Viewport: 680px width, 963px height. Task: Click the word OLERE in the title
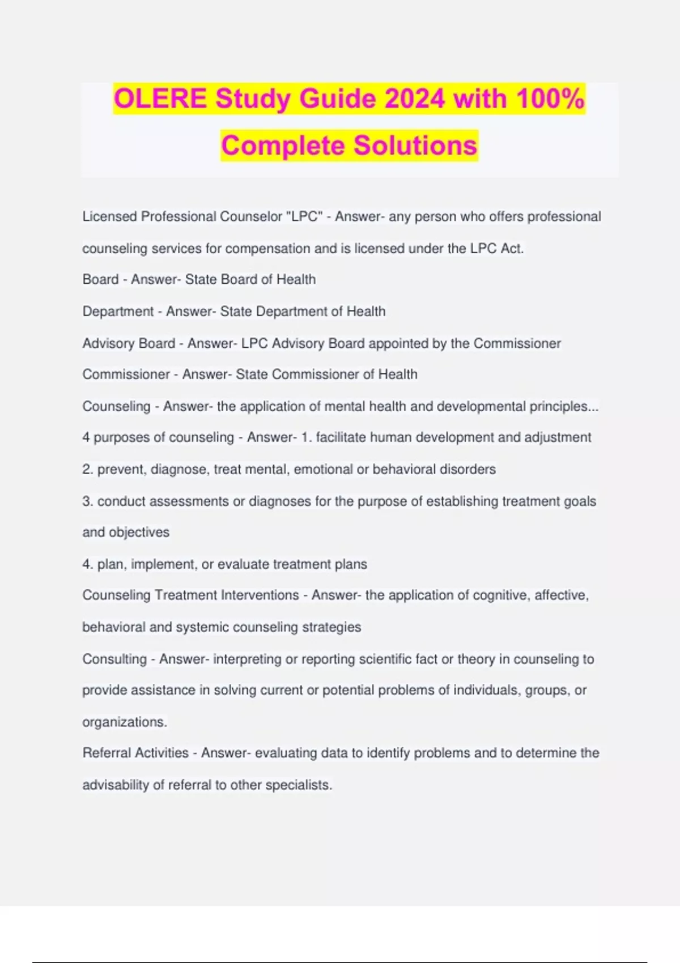(x=160, y=99)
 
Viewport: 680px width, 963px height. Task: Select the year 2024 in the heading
(x=414, y=99)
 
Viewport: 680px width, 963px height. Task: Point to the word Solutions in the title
(x=415, y=146)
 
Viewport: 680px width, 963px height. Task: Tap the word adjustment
(x=558, y=437)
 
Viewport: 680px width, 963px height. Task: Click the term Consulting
(x=114, y=659)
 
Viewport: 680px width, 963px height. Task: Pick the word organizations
(x=124, y=722)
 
